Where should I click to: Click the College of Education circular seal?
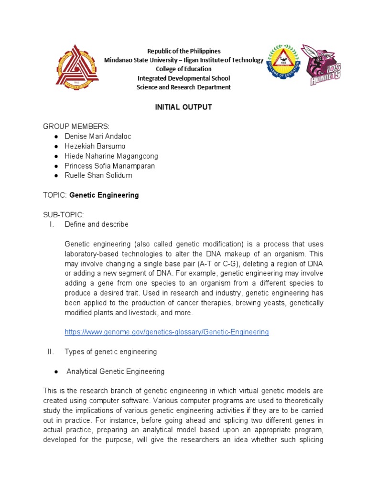point(281,64)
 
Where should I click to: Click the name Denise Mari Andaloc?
point(97,136)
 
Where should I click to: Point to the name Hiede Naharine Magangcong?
point(111,156)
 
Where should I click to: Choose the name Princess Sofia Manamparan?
point(110,166)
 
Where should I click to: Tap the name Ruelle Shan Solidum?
point(98,175)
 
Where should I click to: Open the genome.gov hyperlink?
point(167,332)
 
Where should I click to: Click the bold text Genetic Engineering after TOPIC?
point(104,195)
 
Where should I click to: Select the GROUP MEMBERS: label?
point(76,127)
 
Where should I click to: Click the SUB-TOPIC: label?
point(64,214)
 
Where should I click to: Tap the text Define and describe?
point(97,224)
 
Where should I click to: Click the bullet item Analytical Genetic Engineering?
point(115,371)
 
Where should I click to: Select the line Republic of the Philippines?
point(184,51)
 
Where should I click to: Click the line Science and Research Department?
point(184,87)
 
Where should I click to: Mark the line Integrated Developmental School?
point(184,78)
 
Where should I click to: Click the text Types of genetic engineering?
point(111,351)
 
